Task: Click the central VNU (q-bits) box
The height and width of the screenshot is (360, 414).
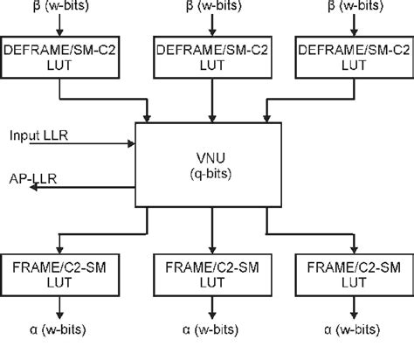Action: pyautogui.click(x=210, y=166)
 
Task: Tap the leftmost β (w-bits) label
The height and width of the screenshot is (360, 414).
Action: pyautogui.click(x=59, y=7)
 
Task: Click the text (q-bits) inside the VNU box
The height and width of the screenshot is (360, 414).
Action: pyautogui.click(x=210, y=174)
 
